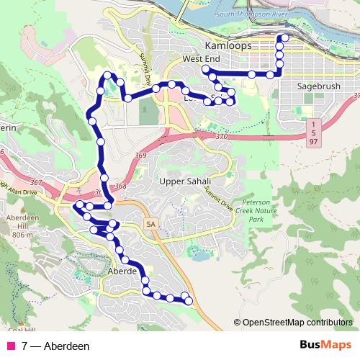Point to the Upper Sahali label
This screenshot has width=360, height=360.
[186, 181]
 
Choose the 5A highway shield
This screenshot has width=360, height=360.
[150, 224]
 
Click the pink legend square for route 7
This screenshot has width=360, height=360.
[10, 346]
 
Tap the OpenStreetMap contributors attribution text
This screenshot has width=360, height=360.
[296, 323]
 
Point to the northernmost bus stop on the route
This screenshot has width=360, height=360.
[285, 37]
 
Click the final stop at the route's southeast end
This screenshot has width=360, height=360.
[189, 300]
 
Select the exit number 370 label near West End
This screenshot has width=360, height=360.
[220, 136]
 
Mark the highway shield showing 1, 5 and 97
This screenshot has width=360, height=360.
[315, 133]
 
